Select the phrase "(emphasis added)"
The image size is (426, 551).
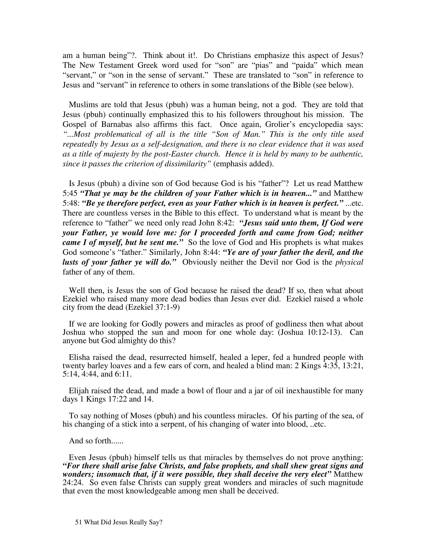click(x=244, y=164)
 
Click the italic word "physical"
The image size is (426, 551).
click(x=349, y=262)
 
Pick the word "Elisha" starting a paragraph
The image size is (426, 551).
click(x=80, y=357)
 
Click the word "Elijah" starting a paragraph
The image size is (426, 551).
click(x=79, y=391)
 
